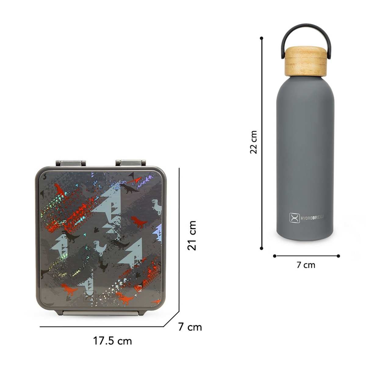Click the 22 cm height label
tap(253, 142)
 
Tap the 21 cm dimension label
tap(192, 236)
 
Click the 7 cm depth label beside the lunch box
tap(190, 327)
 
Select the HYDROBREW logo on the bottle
tap(306, 218)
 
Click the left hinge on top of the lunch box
tap(71, 163)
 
